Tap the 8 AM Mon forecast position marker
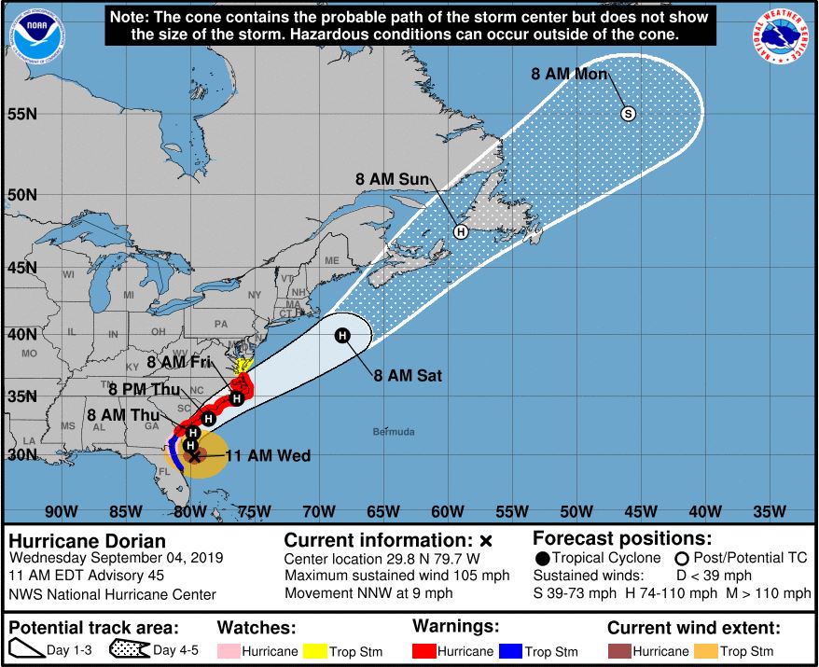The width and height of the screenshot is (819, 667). pyautogui.click(x=628, y=114)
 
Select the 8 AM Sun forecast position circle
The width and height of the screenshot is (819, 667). pyautogui.click(x=461, y=231)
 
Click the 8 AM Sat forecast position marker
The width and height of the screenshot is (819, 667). pyautogui.click(x=342, y=336)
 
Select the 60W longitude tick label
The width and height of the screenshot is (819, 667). pyautogui.click(x=448, y=511)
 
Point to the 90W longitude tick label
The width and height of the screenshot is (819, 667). pyautogui.click(x=61, y=511)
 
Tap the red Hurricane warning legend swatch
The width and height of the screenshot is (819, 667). pyautogui.click(x=424, y=651)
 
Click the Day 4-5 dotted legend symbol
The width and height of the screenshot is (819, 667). pyautogui.click(x=131, y=650)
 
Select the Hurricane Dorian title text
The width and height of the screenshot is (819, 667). pyautogui.click(x=88, y=541)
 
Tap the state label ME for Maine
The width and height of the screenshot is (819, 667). pyautogui.click(x=332, y=261)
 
